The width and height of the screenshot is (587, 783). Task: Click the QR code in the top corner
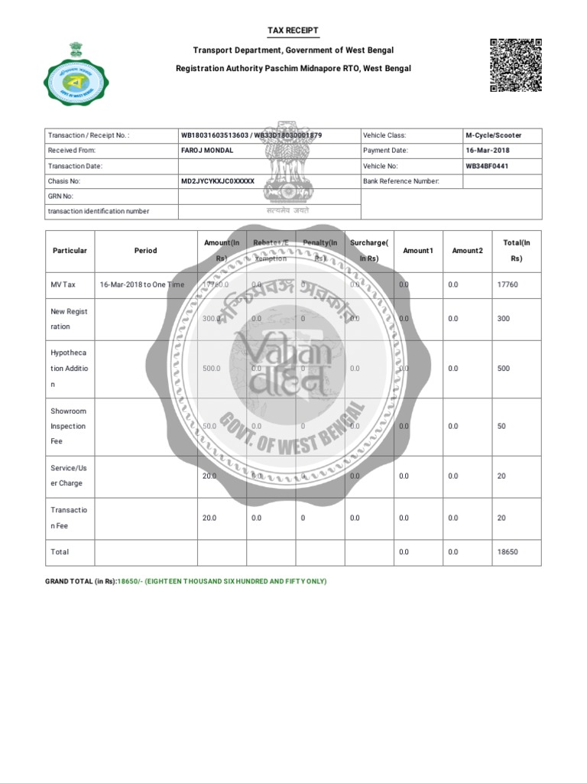[516, 65]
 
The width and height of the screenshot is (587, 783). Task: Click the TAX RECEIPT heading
[293, 31]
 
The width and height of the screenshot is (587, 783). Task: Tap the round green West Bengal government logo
[76, 74]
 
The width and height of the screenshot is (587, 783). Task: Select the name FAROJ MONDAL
[207, 151]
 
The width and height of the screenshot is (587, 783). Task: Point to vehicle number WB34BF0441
[487, 166]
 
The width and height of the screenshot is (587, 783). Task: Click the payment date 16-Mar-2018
[488, 151]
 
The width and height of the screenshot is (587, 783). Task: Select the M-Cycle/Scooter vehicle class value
[494, 135]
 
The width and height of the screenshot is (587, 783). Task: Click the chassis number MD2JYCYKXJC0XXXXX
[217, 181]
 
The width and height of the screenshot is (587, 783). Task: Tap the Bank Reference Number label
[401, 181]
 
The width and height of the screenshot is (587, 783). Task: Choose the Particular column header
[70, 251]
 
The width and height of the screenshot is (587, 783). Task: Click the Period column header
[145, 251]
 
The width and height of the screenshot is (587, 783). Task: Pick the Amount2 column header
[467, 251]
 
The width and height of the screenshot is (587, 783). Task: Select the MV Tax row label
[63, 284]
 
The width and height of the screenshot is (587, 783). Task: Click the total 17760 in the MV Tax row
[508, 284]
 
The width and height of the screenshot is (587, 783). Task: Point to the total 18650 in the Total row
[508, 551]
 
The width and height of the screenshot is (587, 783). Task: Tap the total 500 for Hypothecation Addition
[504, 369]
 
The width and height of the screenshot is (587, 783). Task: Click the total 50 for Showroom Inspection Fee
[501, 426]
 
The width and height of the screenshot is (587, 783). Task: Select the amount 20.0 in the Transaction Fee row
[209, 518]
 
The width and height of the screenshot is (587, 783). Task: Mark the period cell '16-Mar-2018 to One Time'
[142, 284]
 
